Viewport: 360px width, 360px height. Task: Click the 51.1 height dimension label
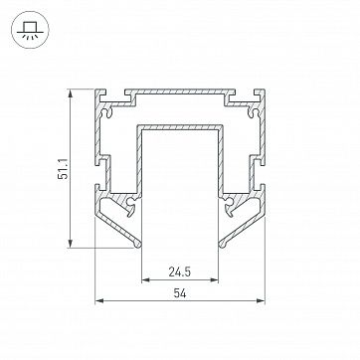tap(63, 168)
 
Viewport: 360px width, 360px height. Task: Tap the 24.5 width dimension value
tap(180, 272)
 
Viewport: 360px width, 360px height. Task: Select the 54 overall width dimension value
tap(180, 293)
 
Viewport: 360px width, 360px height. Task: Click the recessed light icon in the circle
tap(30, 30)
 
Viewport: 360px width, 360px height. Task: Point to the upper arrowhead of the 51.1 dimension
tap(70, 93)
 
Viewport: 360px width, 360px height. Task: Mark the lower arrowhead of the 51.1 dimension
tap(70, 244)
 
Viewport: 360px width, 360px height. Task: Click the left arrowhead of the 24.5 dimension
tap(146, 280)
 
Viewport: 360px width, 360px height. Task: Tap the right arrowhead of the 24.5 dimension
tap(214, 280)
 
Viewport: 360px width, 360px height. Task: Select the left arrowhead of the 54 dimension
tap(99, 300)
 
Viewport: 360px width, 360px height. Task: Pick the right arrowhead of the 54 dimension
tap(261, 300)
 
